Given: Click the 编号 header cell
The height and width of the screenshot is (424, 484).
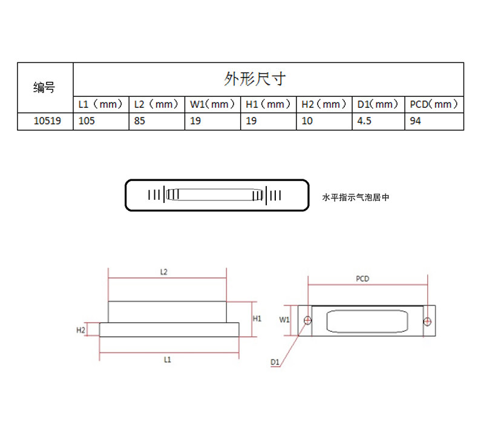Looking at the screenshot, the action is [44, 87].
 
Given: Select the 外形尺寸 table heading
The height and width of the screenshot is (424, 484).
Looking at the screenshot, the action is [255, 79].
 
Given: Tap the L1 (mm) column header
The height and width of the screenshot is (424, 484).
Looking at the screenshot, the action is [100, 104].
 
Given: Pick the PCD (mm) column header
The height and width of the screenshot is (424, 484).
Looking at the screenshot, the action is [434, 104].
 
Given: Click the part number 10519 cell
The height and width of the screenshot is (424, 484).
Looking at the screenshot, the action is [47, 121].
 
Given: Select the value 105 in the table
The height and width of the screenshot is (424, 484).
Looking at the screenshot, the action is [87, 121].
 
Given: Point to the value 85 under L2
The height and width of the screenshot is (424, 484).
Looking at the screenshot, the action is [140, 121].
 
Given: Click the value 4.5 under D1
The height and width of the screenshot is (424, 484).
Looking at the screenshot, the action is [364, 121].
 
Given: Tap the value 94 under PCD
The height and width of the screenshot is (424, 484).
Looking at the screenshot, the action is [415, 121].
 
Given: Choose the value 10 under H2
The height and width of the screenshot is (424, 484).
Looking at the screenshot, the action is [307, 121].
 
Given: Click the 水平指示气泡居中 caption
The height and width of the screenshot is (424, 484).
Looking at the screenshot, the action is [356, 197].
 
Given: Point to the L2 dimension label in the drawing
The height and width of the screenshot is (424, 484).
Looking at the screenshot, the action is [163, 272].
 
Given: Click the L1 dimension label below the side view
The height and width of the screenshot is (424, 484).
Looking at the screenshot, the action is [168, 359].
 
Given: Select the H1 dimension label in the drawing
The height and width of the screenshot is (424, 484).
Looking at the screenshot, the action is [257, 319].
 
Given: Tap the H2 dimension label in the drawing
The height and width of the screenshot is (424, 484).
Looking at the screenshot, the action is [80, 330].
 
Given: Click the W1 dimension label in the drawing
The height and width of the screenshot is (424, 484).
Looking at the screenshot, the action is [284, 320].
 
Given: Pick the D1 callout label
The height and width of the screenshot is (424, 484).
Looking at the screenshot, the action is [275, 362].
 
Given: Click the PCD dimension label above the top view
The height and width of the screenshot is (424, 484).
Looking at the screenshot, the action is [362, 279].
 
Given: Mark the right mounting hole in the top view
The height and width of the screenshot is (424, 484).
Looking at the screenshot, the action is [427, 322].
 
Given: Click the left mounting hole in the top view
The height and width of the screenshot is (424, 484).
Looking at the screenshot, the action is [308, 320].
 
